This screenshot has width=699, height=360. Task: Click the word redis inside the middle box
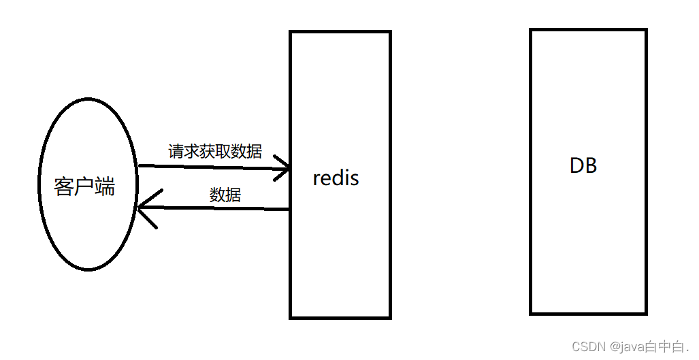coord(336,178)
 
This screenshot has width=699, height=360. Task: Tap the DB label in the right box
coord(583,165)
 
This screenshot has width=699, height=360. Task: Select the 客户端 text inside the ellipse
coord(84,186)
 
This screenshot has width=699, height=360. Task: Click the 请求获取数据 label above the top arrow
coord(215,151)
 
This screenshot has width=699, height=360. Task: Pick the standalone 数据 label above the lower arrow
coord(225,195)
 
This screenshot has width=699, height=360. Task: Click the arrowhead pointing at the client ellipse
coord(144,208)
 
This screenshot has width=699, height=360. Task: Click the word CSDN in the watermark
coord(588,347)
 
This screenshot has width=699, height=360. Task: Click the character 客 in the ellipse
coord(64,186)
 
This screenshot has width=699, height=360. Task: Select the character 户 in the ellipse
coord(84,186)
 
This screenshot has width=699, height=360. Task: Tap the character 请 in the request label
coord(176,151)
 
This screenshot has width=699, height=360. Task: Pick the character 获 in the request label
coord(208,151)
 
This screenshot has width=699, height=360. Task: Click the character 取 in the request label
coord(223,151)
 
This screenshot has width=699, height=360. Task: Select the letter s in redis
coord(354,178)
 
